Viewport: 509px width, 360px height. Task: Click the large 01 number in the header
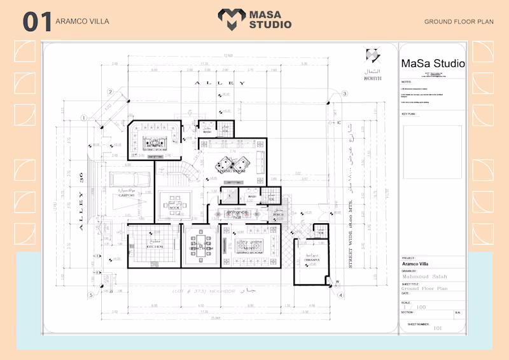(37, 22)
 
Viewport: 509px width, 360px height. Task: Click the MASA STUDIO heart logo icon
(230, 19)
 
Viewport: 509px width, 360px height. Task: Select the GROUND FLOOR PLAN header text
(459, 22)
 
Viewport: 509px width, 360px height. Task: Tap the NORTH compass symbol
(372, 56)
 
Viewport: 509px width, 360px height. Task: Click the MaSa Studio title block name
(433, 64)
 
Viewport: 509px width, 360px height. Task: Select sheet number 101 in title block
(438, 328)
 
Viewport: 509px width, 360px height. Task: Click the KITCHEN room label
(155, 246)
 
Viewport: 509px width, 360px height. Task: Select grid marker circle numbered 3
(344, 93)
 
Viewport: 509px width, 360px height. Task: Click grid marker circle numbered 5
(91, 295)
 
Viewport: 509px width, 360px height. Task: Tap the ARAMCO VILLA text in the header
(83, 22)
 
